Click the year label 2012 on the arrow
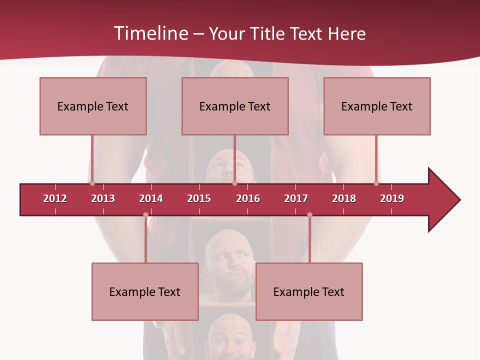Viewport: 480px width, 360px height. [x=55, y=198]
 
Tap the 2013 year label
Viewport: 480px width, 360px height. [x=103, y=198]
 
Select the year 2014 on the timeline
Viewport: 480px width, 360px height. [x=151, y=198]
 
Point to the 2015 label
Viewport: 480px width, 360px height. [x=199, y=198]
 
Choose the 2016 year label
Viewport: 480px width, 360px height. [x=248, y=198]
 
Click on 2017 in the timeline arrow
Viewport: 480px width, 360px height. [x=296, y=198]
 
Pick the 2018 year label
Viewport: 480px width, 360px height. [x=344, y=198]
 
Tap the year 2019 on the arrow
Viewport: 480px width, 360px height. [x=392, y=198]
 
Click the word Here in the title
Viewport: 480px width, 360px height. [x=346, y=33]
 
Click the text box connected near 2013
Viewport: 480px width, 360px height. [x=93, y=106]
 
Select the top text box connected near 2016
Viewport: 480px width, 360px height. [x=235, y=106]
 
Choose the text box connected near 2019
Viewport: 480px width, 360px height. [x=377, y=106]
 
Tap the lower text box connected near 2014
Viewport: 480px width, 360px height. [x=145, y=291]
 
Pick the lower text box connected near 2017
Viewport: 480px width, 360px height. [x=309, y=291]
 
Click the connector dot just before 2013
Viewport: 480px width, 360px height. [x=92, y=183]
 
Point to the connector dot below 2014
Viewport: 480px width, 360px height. [x=145, y=215]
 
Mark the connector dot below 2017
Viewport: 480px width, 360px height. [x=309, y=215]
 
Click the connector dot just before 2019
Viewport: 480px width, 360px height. [x=376, y=183]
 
